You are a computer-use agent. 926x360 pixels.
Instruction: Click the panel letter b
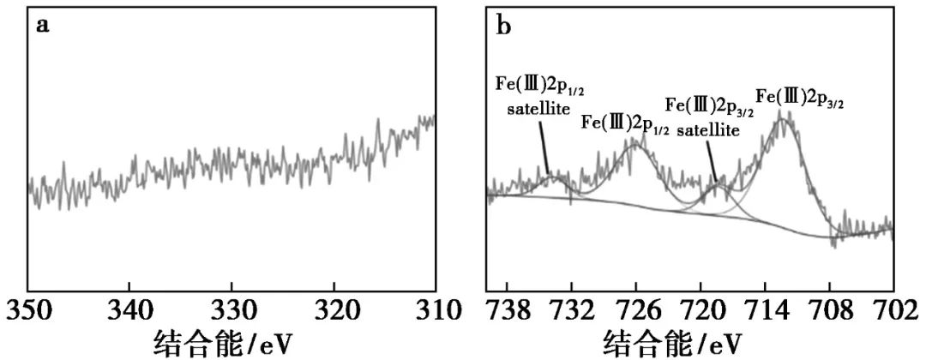point(505,25)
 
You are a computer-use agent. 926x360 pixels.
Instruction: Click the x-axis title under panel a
point(225,345)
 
